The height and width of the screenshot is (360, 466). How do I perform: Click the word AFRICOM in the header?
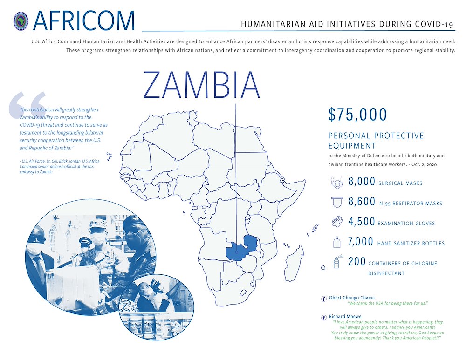84,20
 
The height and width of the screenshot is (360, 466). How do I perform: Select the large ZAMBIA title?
202,85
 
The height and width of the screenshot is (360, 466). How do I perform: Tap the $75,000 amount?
357,115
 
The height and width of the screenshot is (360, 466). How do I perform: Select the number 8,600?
362,202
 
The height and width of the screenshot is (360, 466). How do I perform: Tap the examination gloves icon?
336,222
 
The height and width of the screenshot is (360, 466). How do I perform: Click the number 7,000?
361,242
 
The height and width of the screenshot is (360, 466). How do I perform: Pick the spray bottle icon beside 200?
336,262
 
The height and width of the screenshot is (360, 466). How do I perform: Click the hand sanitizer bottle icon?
336,242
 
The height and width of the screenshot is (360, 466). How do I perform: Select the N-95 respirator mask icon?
336,203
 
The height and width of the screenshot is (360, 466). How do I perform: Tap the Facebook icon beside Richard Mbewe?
324,317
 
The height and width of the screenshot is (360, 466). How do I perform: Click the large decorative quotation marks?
27,105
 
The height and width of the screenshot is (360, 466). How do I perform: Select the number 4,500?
362,222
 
